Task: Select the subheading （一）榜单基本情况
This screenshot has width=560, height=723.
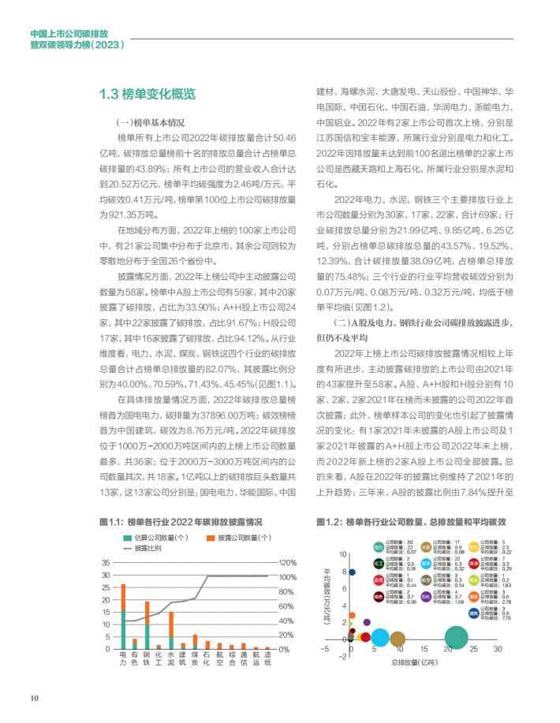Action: click(x=150, y=123)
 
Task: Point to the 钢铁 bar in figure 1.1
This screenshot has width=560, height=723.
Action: click(x=147, y=624)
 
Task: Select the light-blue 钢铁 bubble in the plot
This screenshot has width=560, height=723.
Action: click(x=380, y=638)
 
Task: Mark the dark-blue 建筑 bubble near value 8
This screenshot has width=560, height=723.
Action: click(x=353, y=572)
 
